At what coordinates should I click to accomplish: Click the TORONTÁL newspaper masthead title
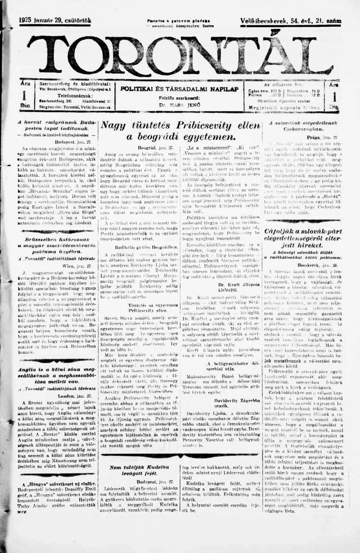(x=180, y=55)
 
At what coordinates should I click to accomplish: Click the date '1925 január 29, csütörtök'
(x=55, y=20)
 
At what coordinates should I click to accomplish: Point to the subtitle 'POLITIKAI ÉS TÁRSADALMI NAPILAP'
(x=179, y=89)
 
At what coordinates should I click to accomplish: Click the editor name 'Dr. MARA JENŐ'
(x=179, y=104)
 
